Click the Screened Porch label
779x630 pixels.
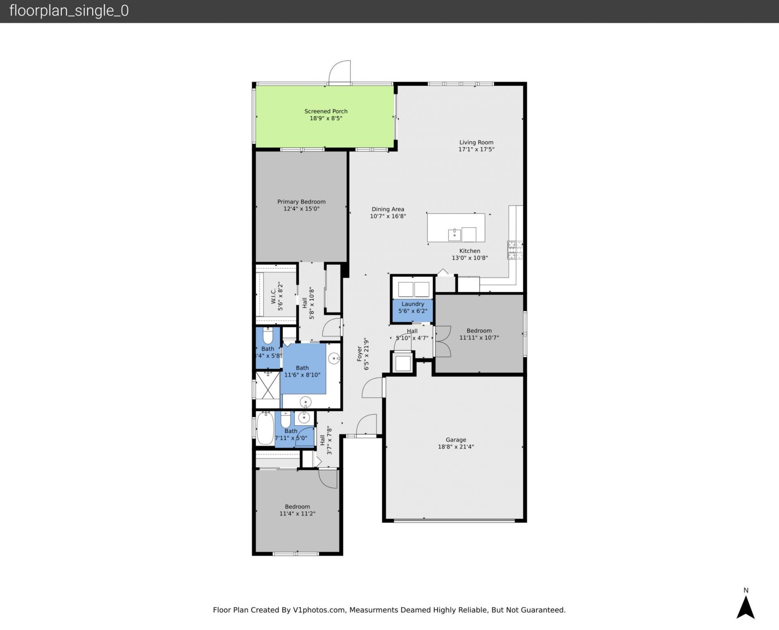point(326,111)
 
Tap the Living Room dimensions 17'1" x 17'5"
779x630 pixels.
point(476,149)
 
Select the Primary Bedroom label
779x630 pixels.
point(301,202)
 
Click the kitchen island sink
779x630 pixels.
point(454,235)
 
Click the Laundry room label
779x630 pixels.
point(413,304)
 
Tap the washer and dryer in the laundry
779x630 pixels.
point(413,289)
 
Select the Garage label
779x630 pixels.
point(456,440)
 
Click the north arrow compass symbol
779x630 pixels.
point(745,607)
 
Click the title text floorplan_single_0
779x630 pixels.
point(69,11)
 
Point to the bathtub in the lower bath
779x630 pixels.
point(265,429)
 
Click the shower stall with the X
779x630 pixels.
point(268,389)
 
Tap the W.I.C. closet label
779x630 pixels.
point(273,296)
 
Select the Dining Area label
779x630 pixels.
point(387,209)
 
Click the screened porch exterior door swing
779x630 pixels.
point(340,73)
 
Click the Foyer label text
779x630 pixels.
point(359,354)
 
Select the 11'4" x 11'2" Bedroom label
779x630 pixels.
point(297,507)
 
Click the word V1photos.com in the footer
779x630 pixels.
point(318,610)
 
